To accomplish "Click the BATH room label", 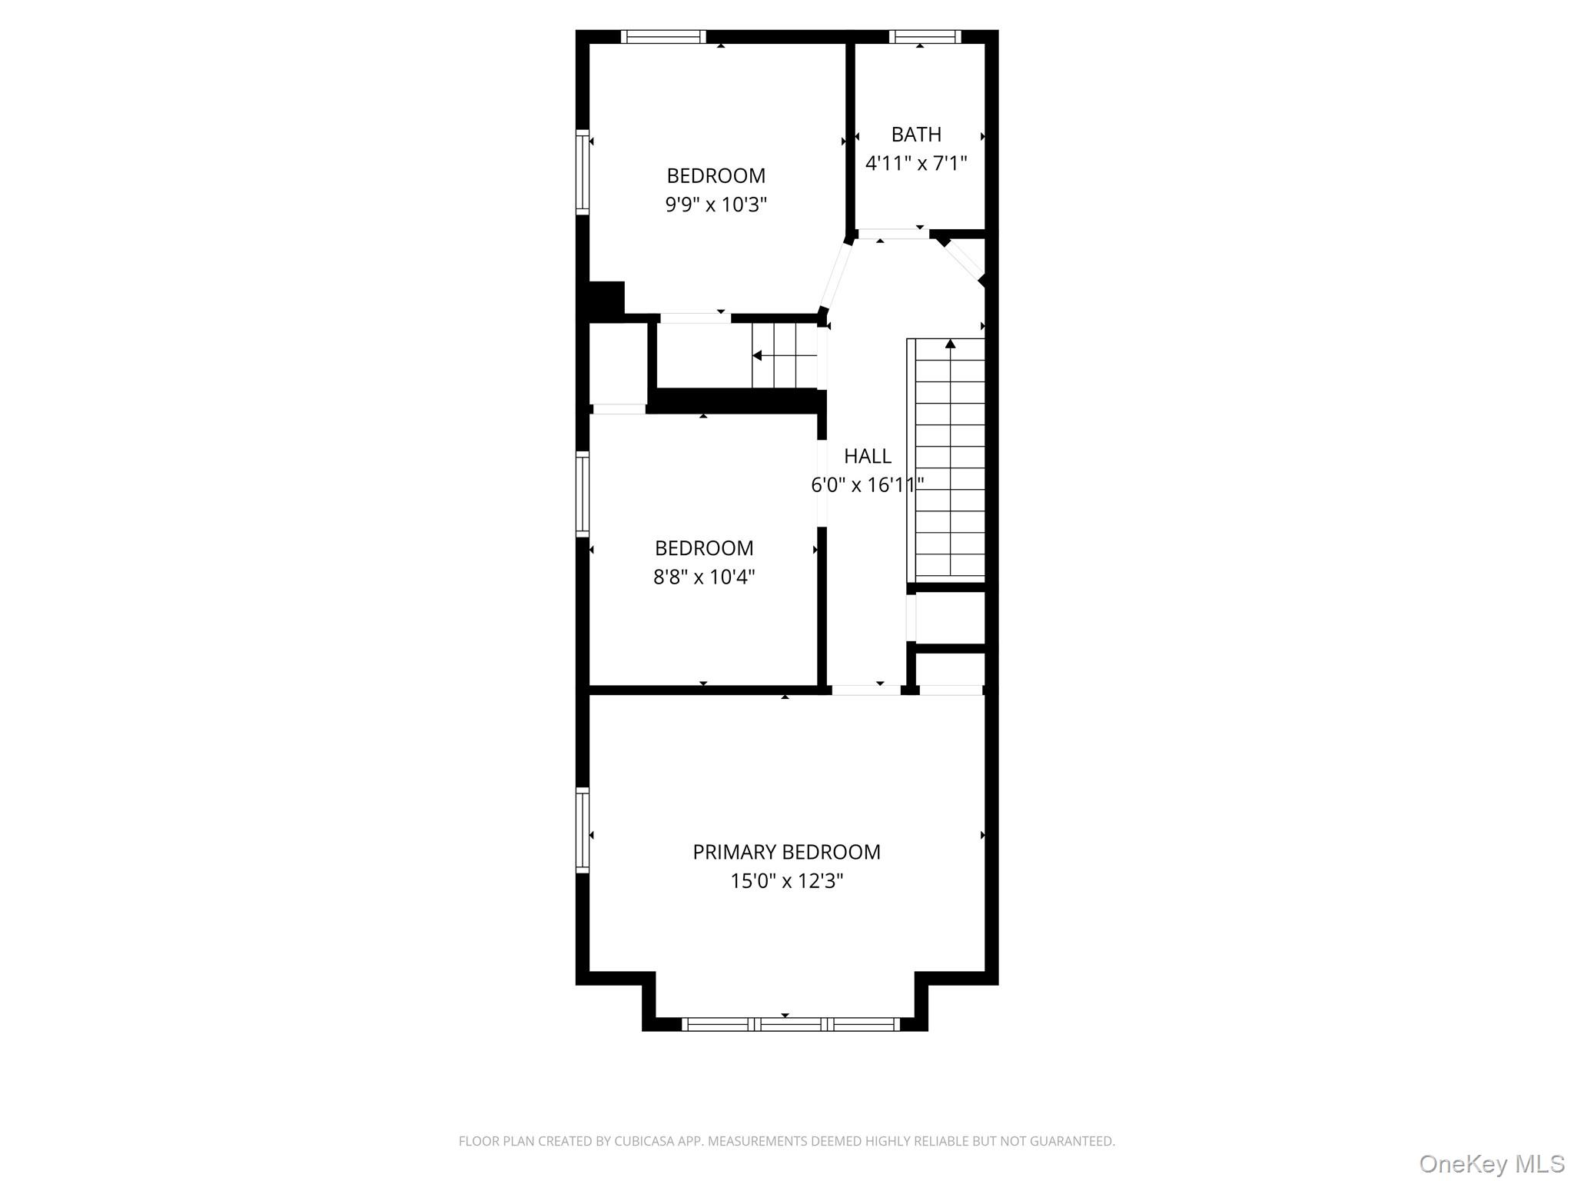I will (916, 135).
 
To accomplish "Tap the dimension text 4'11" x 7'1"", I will (916, 164).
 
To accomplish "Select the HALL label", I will (868, 456).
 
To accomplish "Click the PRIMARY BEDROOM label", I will (786, 852).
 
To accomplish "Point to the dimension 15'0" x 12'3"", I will (786, 881).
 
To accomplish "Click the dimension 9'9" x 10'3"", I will (716, 205).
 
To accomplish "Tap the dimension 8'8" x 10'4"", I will (704, 577).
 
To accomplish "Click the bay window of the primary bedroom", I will (790, 1023).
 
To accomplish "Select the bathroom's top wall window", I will (925, 36).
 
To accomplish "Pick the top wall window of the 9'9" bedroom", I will (663, 36).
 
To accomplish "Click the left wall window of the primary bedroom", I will (583, 830).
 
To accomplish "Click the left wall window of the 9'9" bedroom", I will (583, 171).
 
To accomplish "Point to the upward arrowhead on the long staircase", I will (951, 344).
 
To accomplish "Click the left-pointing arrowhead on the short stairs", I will (757, 355).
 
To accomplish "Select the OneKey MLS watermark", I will (1491, 1163).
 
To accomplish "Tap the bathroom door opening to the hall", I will (893, 234).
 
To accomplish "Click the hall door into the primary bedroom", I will (866, 690).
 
